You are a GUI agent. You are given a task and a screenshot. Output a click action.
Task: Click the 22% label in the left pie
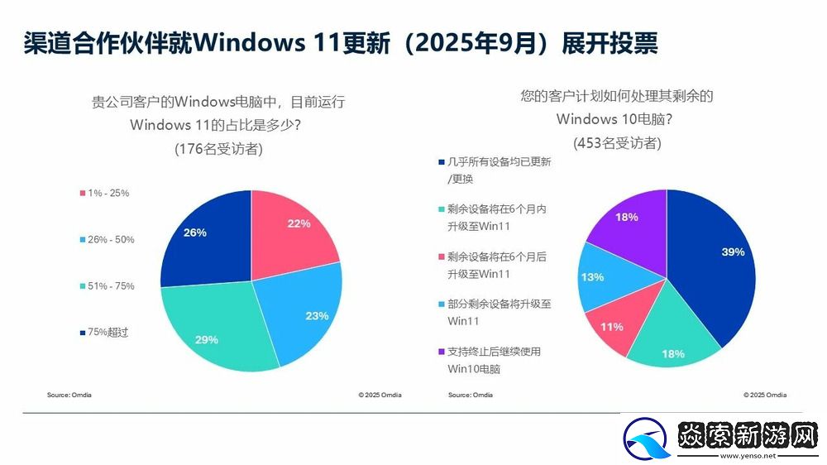click(x=299, y=223)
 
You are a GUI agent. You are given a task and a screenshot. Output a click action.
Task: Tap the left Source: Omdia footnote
click(x=69, y=395)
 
